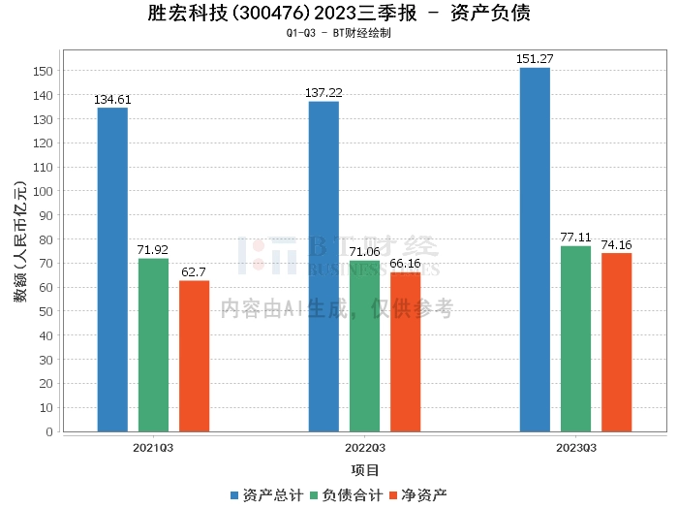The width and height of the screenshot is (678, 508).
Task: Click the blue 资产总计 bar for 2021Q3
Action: coord(112,270)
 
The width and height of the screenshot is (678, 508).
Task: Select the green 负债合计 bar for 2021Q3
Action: coord(153,345)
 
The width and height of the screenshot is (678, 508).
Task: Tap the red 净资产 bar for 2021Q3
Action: coord(194,356)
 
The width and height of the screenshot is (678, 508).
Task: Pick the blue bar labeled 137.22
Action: coord(324,267)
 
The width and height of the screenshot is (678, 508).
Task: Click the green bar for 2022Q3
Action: coord(364,346)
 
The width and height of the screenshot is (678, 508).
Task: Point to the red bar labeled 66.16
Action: coord(406,352)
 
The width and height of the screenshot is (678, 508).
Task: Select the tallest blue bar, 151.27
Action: coord(535,250)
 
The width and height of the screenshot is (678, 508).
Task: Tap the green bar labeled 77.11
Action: coord(576,338)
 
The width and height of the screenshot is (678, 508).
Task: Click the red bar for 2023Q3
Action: coord(617,342)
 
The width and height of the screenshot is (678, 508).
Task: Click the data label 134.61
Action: coord(112,100)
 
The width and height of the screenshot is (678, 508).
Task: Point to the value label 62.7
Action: coord(194,272)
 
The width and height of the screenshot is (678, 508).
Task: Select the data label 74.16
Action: coord(617,245)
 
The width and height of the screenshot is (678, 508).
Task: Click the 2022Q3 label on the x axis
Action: coord(365,448)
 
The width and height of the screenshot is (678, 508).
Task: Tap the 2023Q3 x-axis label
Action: coord(576,448)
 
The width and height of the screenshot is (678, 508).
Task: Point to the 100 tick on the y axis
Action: coord(43,191)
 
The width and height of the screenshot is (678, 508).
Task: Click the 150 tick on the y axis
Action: coord(43,71)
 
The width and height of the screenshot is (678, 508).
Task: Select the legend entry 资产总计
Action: coord(267,495)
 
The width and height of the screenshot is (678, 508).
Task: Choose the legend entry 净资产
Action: coord(418,495)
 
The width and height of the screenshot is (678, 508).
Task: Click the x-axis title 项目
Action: coord(365,470)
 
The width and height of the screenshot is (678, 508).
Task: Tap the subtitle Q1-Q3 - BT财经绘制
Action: coord(339,33)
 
